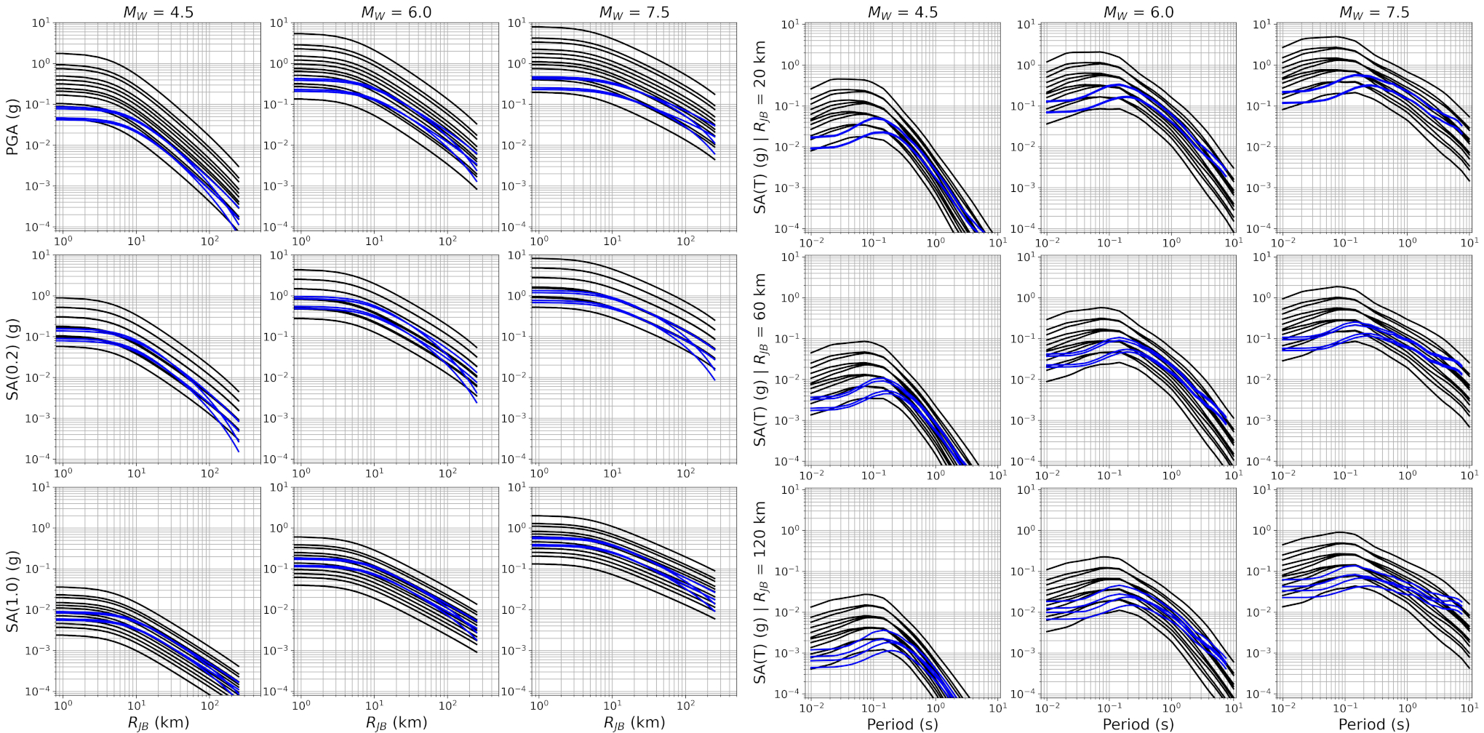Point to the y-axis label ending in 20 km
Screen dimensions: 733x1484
click(x=760, y=127)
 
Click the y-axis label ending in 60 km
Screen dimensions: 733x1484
click(x=760, y=359)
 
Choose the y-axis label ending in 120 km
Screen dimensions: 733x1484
click(x=760, y=592)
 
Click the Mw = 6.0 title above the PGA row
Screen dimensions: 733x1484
click(x=396, y=12)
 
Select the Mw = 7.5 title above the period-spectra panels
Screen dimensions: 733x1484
click(x=1374, y=12)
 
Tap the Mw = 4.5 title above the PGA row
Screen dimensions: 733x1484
click(x=158, y=12)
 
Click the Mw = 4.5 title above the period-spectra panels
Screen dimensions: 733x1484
click(x=902, y=12)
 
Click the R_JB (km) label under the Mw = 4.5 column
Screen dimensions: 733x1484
click(x=158, y=723)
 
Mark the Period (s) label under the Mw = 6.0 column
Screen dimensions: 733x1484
click(x=1138, y=724)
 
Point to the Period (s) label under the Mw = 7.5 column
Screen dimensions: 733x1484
click(x=1374, y=724)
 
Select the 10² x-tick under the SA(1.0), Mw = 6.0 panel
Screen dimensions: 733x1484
click(x=448, y=705)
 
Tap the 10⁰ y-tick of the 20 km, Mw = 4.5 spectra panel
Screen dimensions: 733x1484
click(x=790, y=65)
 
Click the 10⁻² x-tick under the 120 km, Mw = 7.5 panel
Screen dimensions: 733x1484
click(x=1282, y=708)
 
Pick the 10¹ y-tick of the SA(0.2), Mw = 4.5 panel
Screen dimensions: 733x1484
click(x=41, y=255)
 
